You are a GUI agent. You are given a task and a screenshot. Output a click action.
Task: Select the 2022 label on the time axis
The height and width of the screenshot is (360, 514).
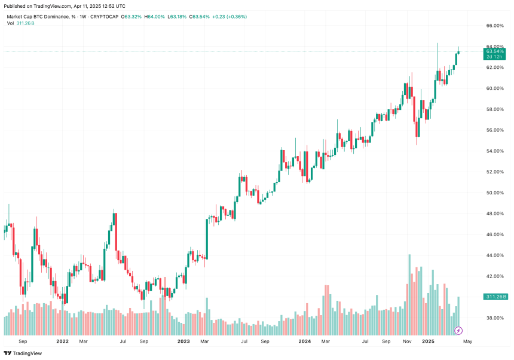pos(62,341)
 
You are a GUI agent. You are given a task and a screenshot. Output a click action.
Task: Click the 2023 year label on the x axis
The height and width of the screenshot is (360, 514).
pos(183,341)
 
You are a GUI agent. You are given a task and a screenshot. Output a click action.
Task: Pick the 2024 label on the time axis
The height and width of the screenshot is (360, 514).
pos(305,341)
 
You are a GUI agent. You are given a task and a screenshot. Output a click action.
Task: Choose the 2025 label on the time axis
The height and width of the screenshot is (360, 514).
pos(427,341)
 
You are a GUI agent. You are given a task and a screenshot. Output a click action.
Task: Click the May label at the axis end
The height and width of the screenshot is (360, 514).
pos(468,341)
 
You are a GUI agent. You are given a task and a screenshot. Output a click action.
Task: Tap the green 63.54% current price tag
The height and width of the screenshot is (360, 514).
pos(495,52)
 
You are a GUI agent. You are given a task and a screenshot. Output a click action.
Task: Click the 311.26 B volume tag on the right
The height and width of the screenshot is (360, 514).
pos(496,297)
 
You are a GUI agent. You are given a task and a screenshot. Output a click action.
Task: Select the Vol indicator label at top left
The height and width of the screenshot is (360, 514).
pos(11,23)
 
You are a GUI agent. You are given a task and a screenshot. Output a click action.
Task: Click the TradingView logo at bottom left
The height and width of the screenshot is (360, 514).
pos(24,353)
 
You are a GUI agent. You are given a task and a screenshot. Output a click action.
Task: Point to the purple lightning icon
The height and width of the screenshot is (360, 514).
pos(458,330)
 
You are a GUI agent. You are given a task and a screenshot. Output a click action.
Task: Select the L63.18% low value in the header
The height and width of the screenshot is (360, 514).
pos(178,16)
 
